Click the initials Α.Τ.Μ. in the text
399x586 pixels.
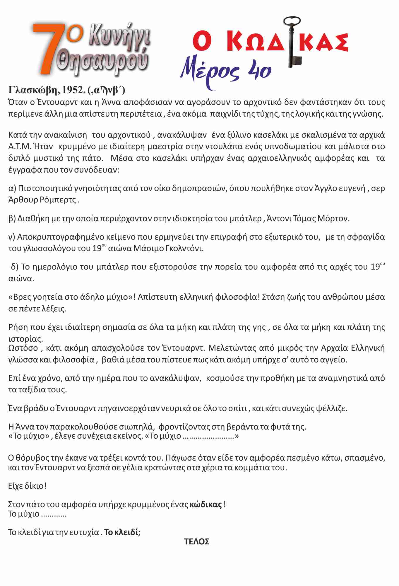coord(20,146)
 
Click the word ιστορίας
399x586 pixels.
coord(25,339)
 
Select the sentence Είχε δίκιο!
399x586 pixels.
coord(27,486)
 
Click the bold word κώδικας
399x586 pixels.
coord(206,505)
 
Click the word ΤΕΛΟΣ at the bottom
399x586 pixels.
coord(197,541)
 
